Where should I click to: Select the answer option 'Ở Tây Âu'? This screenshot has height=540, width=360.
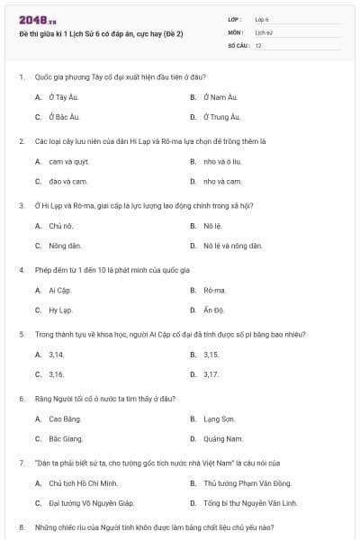point(64,96)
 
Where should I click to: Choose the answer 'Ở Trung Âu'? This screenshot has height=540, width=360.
point(221,117)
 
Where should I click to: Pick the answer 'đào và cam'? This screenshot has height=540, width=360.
point(63,181)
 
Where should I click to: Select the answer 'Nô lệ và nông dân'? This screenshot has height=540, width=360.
point(232,245)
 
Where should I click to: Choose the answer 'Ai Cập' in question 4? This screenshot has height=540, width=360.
point(60,291)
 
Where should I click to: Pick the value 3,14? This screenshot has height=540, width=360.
point(56,355)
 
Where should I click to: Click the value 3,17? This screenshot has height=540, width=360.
point(211,374)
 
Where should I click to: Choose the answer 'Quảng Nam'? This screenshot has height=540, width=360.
point(223,439)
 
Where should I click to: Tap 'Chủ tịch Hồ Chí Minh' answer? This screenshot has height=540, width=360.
point(85,484)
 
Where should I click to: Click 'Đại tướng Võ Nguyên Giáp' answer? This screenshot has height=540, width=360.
point(91,503)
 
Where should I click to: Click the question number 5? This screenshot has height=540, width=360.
point(22,333)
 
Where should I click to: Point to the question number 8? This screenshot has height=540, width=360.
point(22,526)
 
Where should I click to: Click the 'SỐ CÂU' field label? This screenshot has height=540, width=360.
point(237,44)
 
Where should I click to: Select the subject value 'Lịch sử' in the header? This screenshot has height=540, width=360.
point(264,31)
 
